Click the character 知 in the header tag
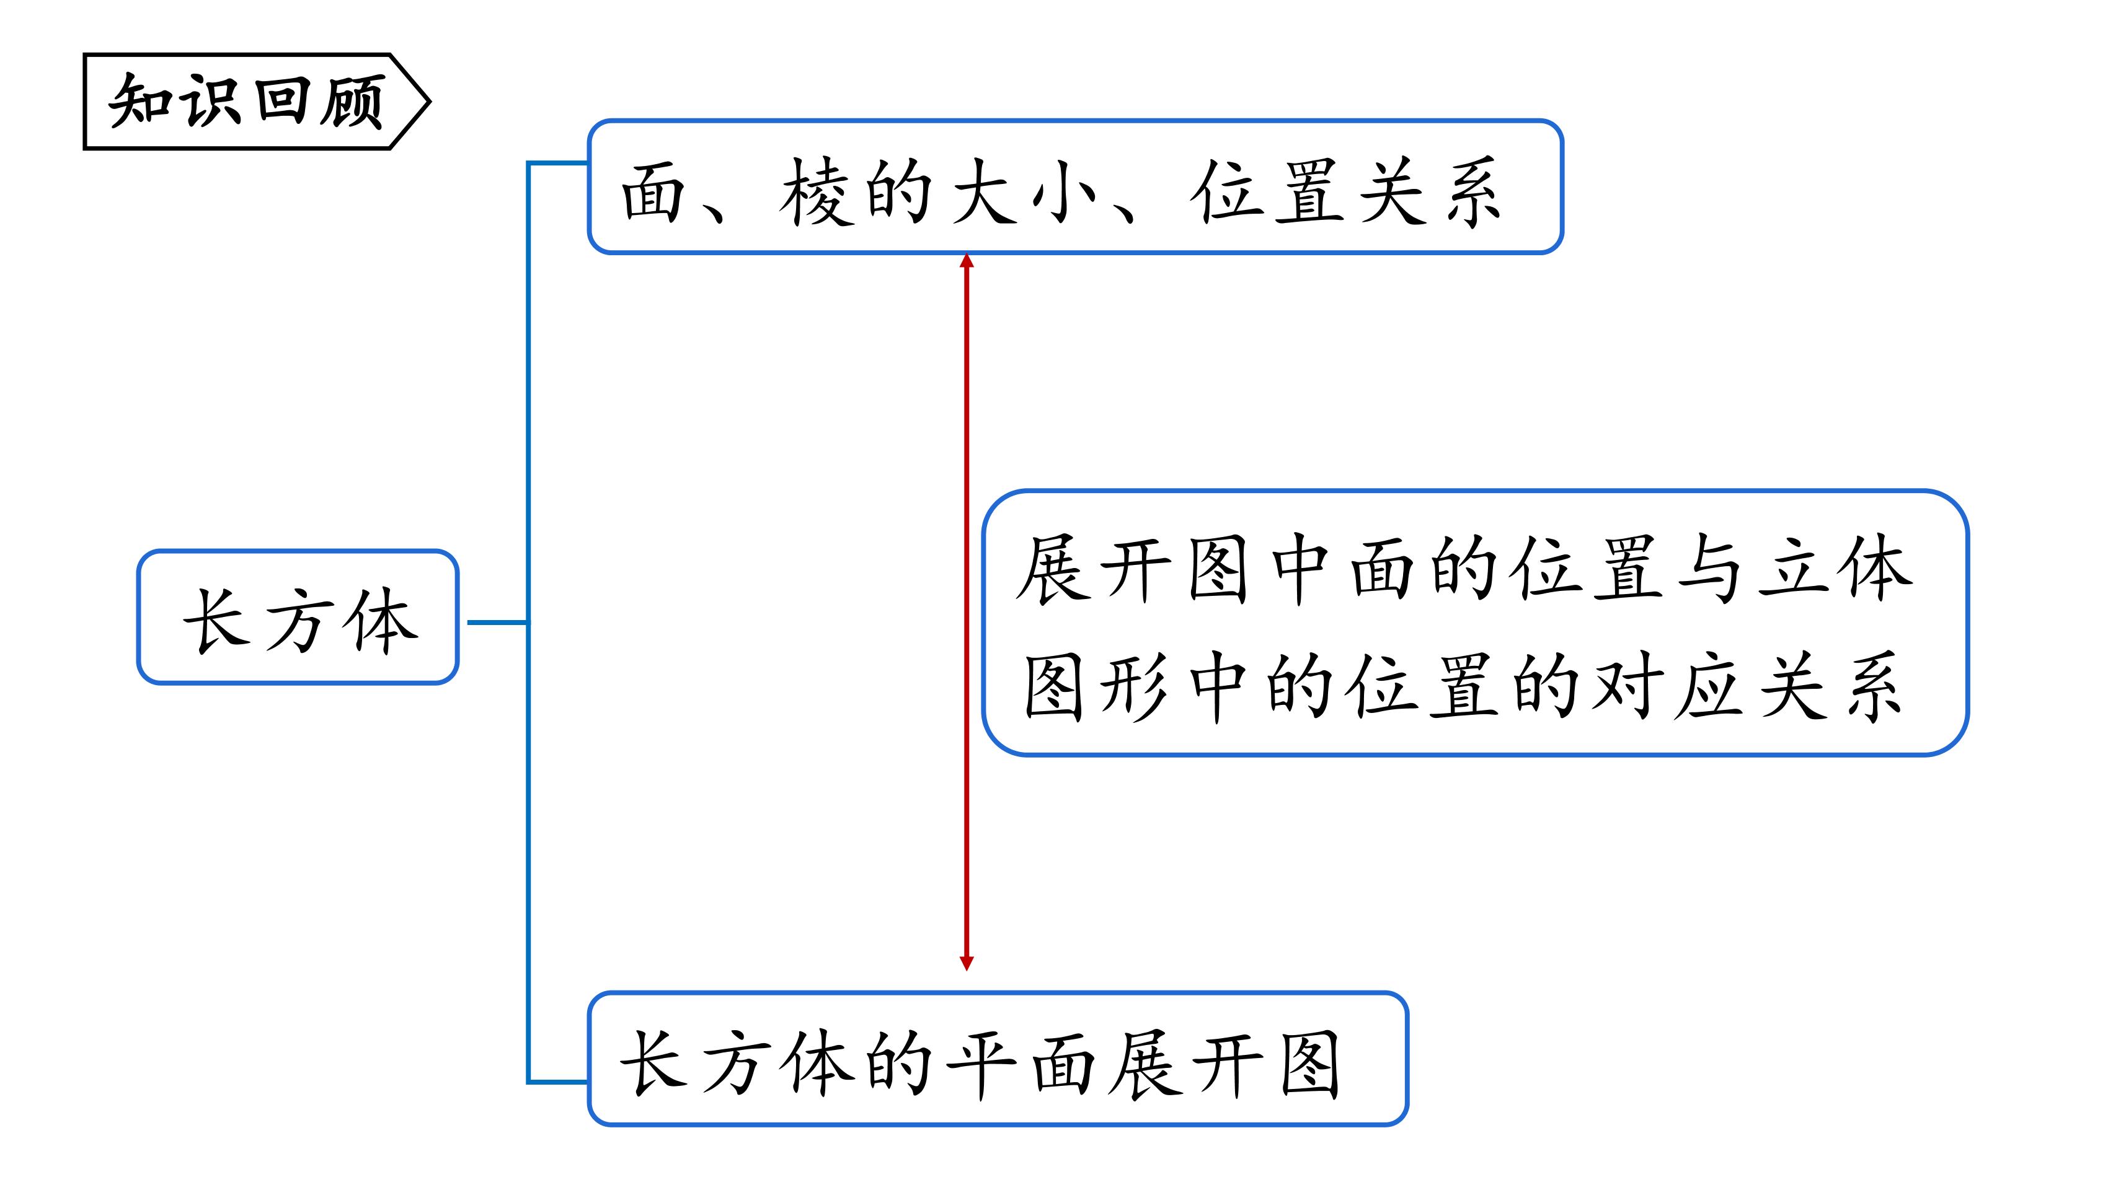click(141, 100)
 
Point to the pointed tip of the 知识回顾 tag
click(430, 102)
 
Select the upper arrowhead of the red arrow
click(967, 261)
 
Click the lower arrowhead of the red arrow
click(967, 963)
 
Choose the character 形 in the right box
click(1136, 687)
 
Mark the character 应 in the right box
click(1709, 687)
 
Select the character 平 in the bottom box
click(981, 1065)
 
